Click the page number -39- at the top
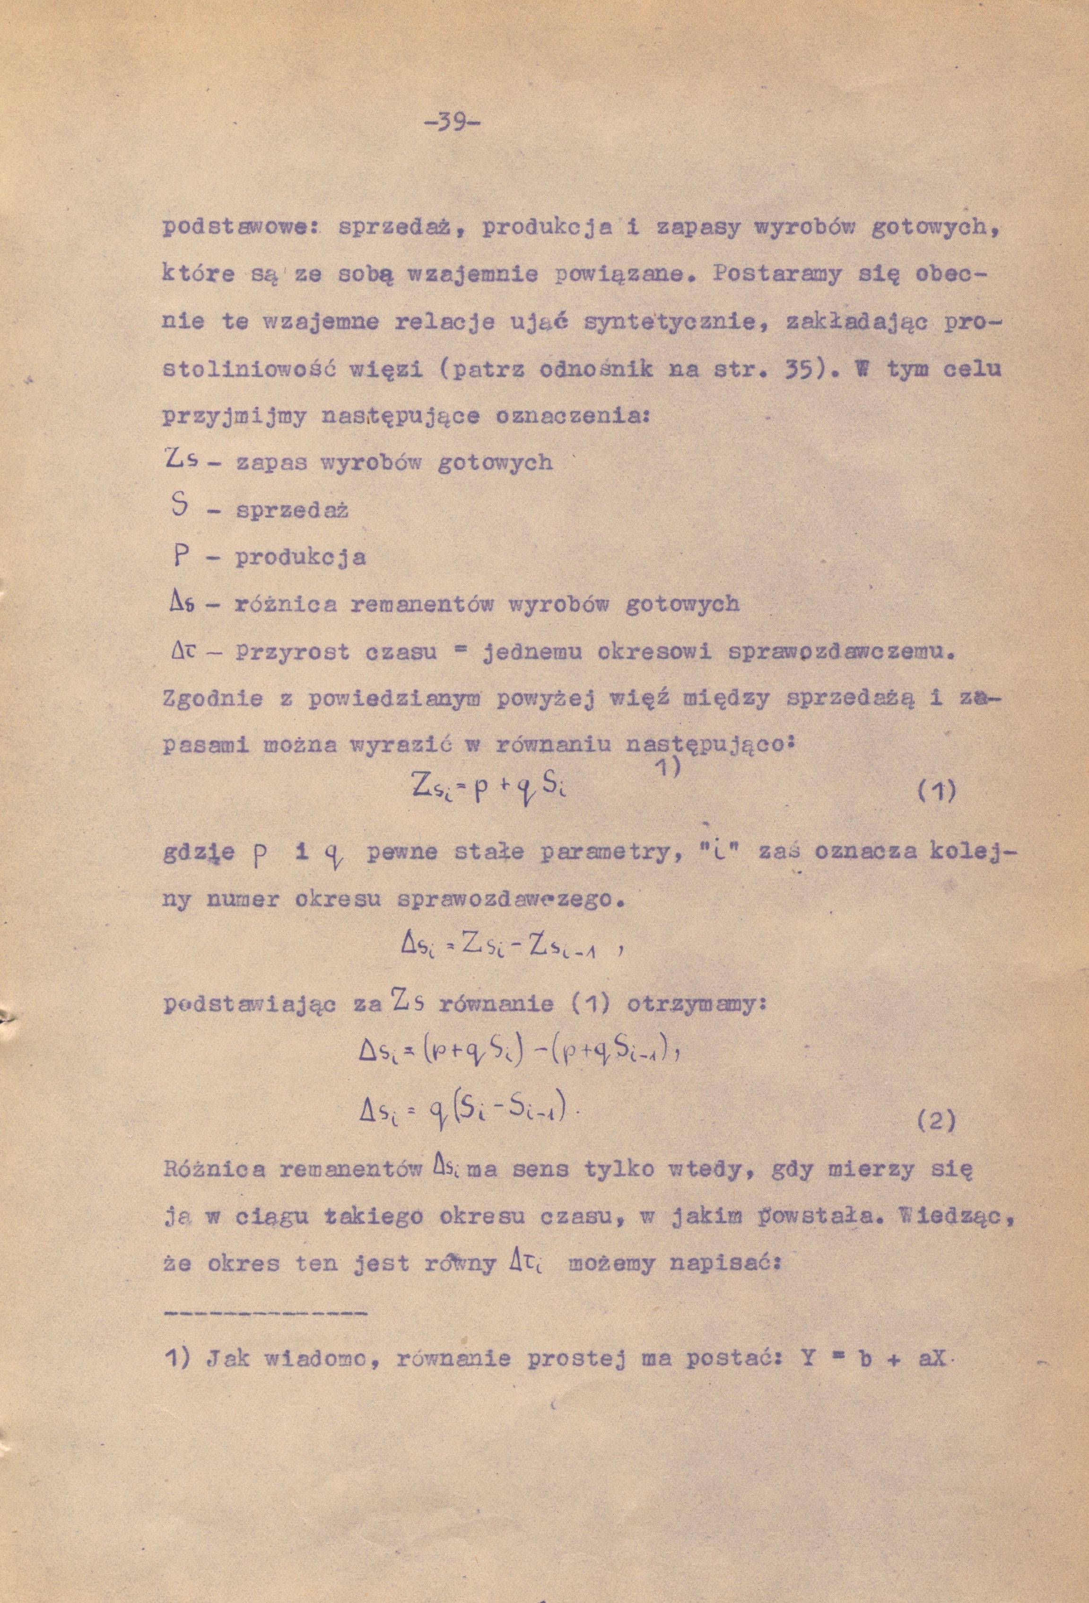[x=452, y=124]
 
